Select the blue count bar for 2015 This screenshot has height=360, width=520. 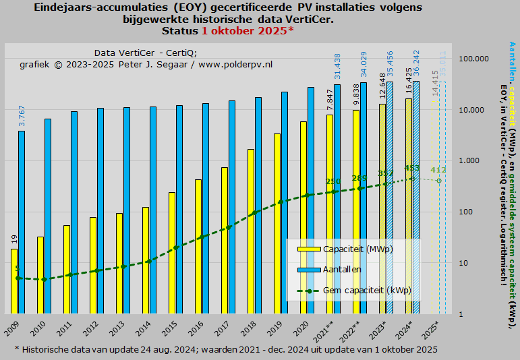tap(179, 209)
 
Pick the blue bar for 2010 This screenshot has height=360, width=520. tap(48, 216)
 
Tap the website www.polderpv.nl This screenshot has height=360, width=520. tap(235, 64)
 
